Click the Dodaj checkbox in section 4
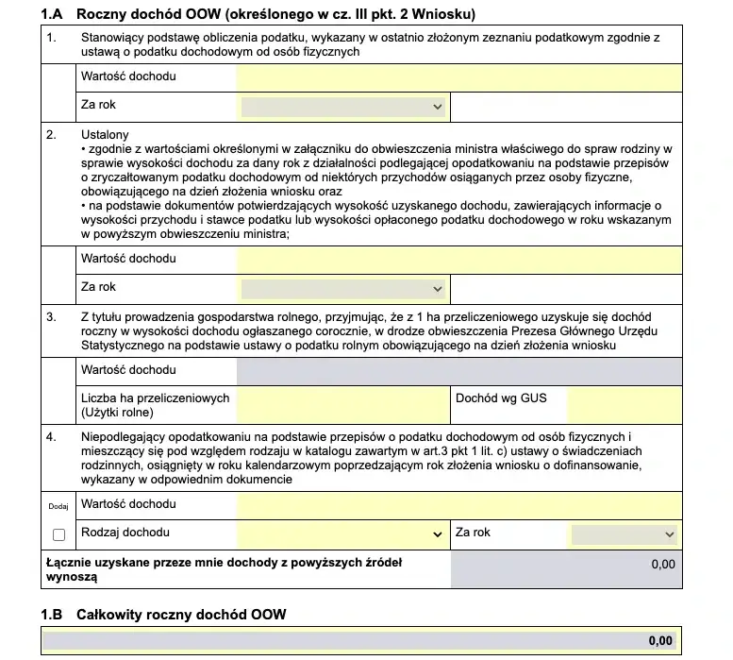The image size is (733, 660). [x=59, y=534]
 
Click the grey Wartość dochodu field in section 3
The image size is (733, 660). [x=458, y=371]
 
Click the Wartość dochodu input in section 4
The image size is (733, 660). [x=458, y=505]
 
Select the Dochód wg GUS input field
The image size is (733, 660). [x=624, y=406]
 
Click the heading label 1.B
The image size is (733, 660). [x=51, y=615]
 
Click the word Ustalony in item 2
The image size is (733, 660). [x=105, y=135]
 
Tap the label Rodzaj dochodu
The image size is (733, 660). [x=125, y=533]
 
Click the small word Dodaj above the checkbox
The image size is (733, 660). [x=58, y=506]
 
